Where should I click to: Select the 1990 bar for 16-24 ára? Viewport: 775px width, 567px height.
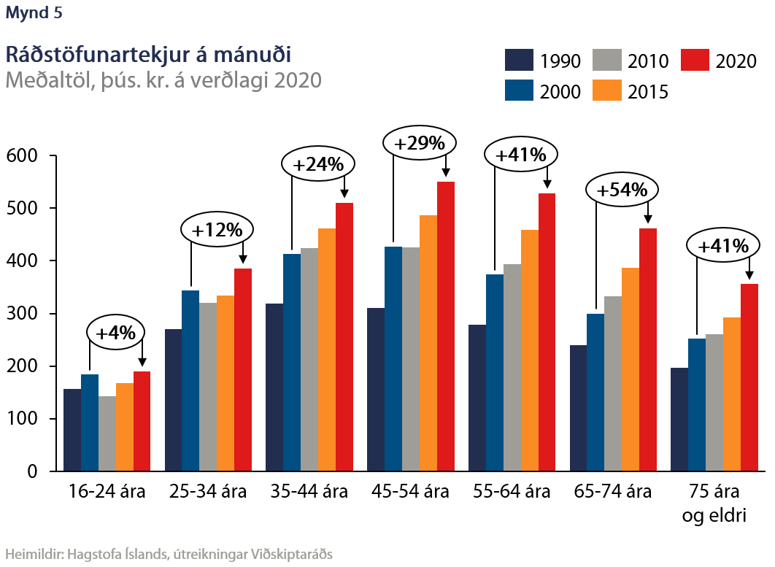[72, 430]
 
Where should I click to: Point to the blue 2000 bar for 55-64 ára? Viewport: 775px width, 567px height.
[495, 372]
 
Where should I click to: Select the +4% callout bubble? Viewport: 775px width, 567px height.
[116, 333]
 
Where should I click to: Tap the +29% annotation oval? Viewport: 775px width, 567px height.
[419, 143]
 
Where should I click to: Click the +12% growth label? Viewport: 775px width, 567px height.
[217, 230]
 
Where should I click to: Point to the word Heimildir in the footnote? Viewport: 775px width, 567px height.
[34, 553]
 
